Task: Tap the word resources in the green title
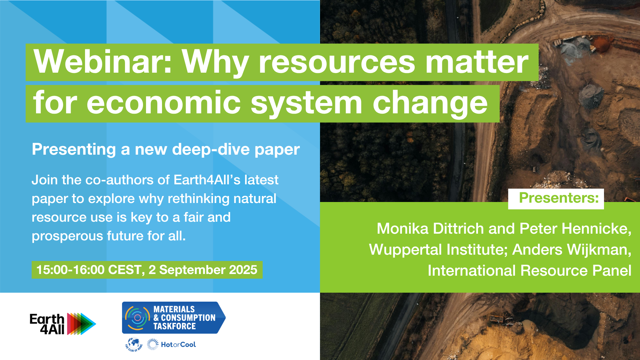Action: [x=337, y=62]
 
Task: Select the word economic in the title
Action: [x=164, y=103]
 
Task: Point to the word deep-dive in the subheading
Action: [x=211, y=149]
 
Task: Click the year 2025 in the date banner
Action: [x=243, y=270]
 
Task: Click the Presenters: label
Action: [x=559, y=198]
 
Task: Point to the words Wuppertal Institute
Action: [x=438, y=250]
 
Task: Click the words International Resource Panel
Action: [x=529, y=271]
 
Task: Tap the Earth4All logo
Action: [x=63, y=324]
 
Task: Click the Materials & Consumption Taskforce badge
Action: [x=173, y=318]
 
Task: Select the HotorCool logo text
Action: [x=178, y=345]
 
